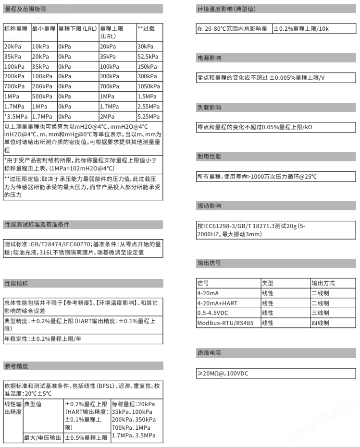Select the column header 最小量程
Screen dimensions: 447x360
44,29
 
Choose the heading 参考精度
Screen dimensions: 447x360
15,365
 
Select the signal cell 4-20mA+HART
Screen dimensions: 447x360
215,303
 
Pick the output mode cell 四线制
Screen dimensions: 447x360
321,323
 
